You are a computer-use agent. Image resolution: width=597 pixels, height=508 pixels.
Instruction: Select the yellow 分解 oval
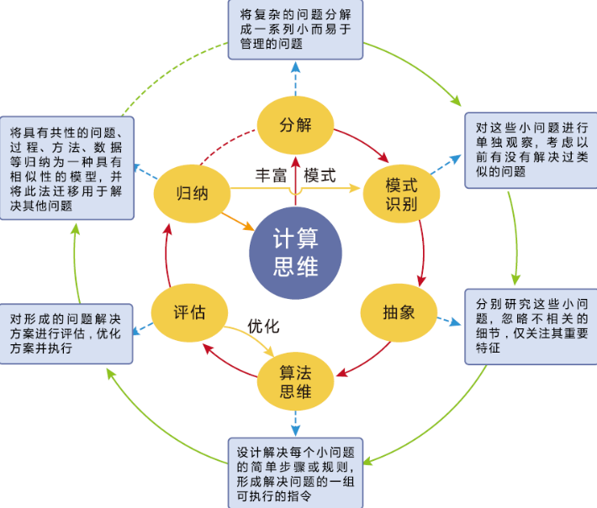click(295, 125)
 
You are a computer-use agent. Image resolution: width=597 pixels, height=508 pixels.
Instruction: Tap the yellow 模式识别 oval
click(402, 194)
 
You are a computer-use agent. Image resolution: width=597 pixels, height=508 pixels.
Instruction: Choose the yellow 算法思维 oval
click(295, 380)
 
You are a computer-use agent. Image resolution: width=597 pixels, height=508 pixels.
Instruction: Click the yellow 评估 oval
click(190, 312)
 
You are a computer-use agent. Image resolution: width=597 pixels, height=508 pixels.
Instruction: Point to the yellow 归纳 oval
click(192, 194)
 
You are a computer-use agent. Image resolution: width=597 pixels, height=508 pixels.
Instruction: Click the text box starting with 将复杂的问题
click(295, 30)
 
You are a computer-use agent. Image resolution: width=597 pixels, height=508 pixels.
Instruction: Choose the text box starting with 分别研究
click(529, 327)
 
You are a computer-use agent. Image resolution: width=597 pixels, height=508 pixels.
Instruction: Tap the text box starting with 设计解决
click(295, 471)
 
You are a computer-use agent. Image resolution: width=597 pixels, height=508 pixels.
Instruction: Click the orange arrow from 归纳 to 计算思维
click(236, 221)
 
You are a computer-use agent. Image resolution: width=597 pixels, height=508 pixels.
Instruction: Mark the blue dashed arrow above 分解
click(295, 80)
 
